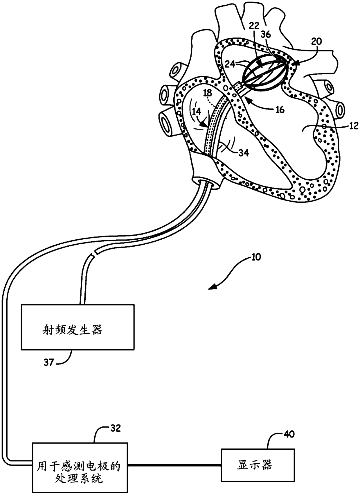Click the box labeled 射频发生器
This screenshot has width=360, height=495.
(78, 327)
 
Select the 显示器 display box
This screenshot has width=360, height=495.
(258, 465)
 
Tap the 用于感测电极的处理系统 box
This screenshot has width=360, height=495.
(80, 467)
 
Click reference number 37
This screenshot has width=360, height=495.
(49, 363)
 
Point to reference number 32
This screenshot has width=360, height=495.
(115, 428)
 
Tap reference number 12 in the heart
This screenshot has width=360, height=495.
(353, 126)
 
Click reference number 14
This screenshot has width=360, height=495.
(197, 112)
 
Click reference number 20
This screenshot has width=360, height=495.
(316, 42)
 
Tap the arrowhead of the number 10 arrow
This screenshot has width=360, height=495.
(213, 288)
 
